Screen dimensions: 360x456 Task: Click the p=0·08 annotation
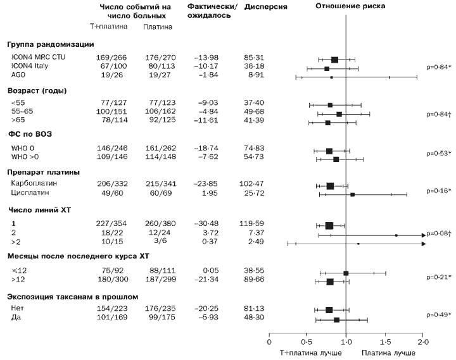point(436,234)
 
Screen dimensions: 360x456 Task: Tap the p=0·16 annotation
point(437,190)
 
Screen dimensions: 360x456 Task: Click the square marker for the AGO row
point(331,77)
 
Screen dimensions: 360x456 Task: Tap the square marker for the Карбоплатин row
point(330,186)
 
